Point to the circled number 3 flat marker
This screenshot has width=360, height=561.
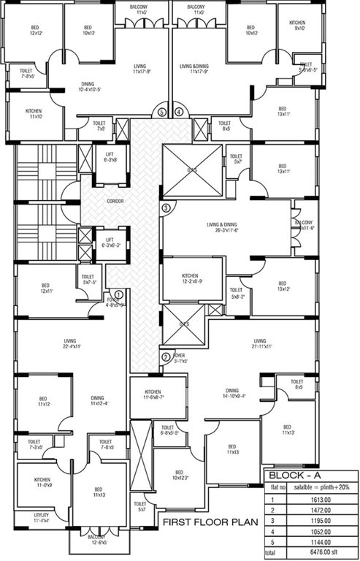coord(166,208)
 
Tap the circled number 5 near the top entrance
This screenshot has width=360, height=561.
coord(163,112)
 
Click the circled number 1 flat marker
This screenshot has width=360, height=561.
coord(119,294)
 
